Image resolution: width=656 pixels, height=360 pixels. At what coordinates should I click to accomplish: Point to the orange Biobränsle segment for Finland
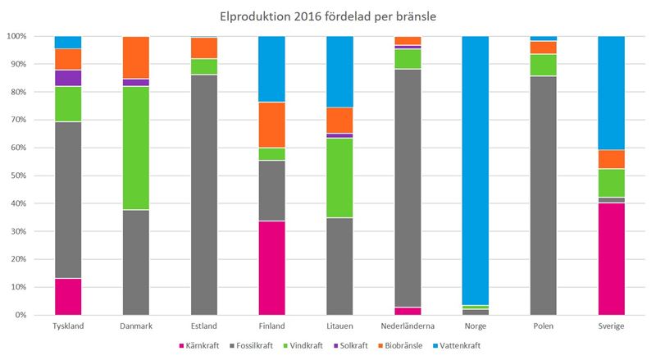[x=271, y=125]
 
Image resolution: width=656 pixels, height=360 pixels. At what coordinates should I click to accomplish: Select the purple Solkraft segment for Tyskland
[x=68, y=78]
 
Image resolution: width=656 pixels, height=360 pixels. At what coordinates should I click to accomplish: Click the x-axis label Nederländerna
[x=408, y=326]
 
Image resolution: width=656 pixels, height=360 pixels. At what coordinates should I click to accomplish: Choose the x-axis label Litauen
[x=339, y=326]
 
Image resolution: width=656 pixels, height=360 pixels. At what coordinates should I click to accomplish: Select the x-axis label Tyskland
[x=68, y=326]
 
